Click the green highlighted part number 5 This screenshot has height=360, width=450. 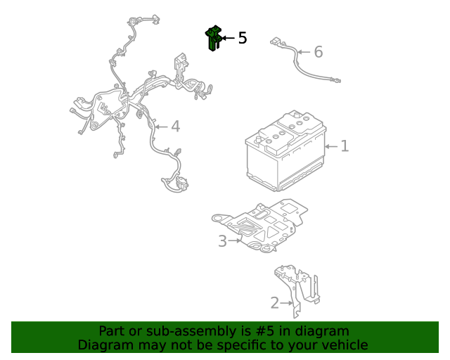(212, 39)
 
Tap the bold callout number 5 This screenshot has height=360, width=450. (243, 38)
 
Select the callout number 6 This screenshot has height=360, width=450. (319, 52)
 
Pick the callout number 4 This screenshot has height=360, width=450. (176, 127)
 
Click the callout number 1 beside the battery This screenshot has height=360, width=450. (345, 146)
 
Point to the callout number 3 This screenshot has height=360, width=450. (222, 241)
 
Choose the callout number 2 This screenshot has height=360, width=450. (275, 303)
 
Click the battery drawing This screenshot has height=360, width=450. (285, 150)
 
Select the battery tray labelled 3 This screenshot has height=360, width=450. (259, 226)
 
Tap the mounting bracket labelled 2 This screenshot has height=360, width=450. (297, 290)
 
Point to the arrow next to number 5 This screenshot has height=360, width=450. (228, 38)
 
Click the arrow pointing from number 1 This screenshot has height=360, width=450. (331, 146)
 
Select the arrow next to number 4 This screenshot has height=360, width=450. (161, 127)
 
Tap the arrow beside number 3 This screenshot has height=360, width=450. (234, 240)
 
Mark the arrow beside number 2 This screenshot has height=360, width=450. (287, 303)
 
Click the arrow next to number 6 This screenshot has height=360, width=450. (304, 52)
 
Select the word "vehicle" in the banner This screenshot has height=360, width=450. (347, 345)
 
